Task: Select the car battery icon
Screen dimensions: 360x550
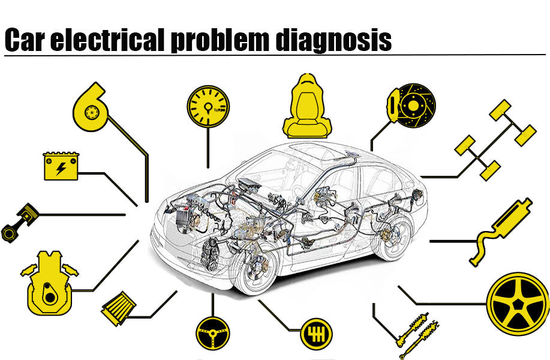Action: tap(61, 166)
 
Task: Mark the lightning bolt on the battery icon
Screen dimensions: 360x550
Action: tap(61, 169)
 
